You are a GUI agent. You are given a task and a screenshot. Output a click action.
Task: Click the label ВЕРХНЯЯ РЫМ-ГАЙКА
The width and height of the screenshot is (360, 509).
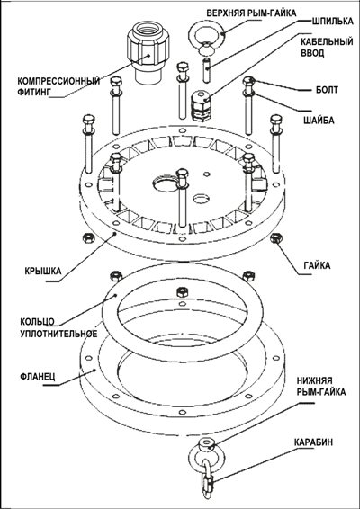tap(251, 13)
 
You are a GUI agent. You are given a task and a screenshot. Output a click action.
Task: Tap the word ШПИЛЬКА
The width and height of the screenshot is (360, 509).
tap(332, 21)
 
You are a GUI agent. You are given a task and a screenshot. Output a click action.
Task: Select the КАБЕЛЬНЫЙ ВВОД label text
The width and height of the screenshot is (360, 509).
tap(327, 48)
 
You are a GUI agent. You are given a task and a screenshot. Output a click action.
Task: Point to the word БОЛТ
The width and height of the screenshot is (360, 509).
tap(327, 90)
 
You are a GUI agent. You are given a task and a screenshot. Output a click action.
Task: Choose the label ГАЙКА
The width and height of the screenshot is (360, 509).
tap(317, 265)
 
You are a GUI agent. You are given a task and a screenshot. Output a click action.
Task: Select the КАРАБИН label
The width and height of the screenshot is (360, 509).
tap(313, 442)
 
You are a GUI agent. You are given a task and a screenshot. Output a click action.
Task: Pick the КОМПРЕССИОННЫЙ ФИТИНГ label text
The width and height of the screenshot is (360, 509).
tap(58, 86)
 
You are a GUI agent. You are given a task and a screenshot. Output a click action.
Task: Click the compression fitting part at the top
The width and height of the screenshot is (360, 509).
tap(148, 53)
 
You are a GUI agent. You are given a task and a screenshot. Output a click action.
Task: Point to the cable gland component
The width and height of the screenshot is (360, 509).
tap(201, 105)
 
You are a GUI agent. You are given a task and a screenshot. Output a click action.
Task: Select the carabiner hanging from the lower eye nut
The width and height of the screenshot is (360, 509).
tap(207, 478)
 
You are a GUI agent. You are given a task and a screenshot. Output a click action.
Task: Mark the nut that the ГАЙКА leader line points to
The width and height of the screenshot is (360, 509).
tap(276, 238)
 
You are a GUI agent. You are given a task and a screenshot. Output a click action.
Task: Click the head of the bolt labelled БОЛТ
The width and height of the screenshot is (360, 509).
tap(248, 81)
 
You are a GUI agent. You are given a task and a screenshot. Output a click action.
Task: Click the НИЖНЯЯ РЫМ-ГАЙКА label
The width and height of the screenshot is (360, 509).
tap(321, 386)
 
